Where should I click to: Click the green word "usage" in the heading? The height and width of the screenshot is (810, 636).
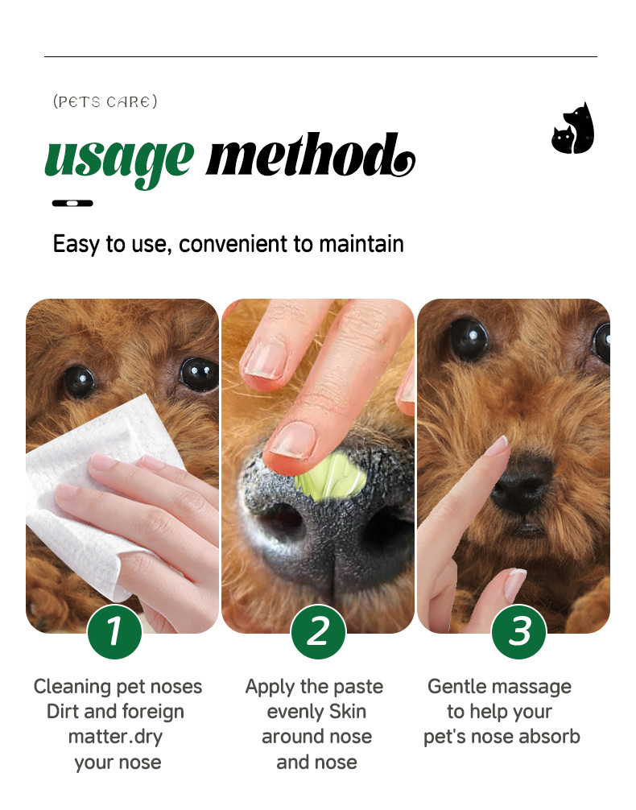click(119, 160)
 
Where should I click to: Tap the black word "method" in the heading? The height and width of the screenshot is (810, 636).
click(310, 155)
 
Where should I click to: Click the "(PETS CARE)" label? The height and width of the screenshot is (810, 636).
click(105, 101)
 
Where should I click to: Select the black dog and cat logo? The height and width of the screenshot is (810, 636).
click(573, 128)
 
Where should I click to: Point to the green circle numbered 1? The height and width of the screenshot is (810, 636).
click(114, 632)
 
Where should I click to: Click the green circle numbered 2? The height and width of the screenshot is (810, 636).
click(318, 632)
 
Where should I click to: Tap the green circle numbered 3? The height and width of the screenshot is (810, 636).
click(518, 632)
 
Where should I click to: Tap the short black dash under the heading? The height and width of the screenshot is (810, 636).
click(72, 203)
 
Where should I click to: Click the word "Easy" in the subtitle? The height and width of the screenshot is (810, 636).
click(76, 244)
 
